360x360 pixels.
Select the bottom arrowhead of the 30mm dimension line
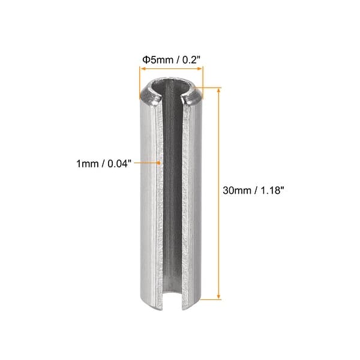pyautogui.click(x=219, y=296)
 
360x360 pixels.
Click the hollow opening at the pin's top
pyautogui.click(x=170, y=89)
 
